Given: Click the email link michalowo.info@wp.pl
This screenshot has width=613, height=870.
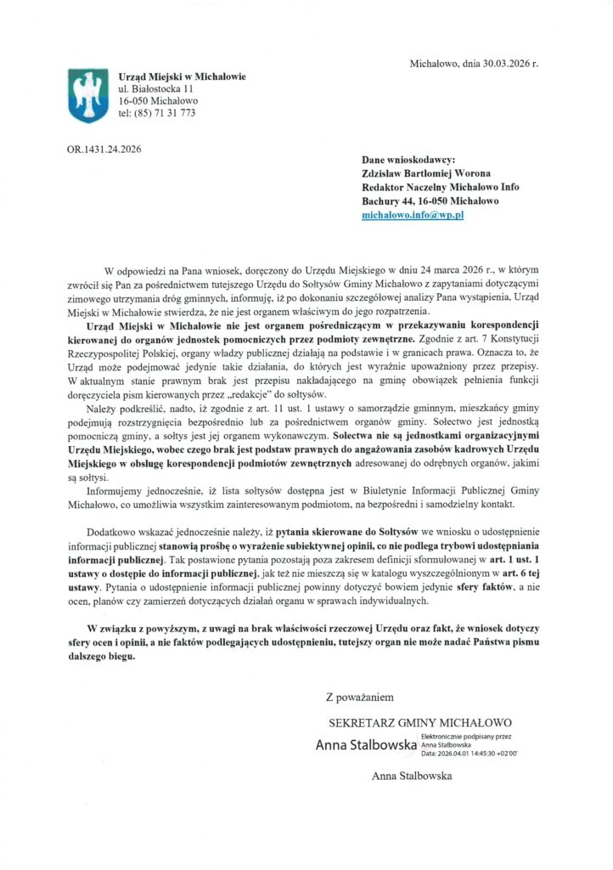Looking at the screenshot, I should click(412, 216).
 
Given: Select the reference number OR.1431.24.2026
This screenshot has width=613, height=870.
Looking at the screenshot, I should click(104, 150).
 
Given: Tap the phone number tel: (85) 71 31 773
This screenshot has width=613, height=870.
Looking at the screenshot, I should click(157, 112).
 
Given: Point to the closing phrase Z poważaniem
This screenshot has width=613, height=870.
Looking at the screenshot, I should click(360, 698).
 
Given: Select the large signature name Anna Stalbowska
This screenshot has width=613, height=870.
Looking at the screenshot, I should click(366, 746).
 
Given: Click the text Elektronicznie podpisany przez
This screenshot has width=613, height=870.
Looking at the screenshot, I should click(470, 737).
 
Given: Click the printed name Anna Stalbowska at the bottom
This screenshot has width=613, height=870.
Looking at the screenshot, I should click(411, 776).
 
